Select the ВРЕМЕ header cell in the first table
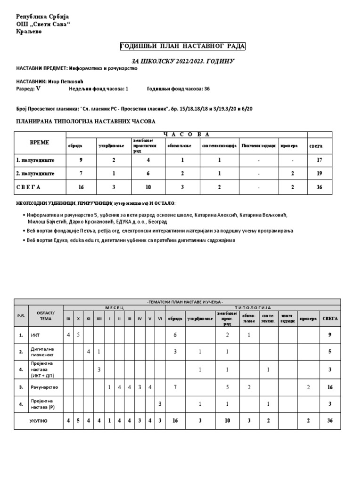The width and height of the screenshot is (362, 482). click(39, 142)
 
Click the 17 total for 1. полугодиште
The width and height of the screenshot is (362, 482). click(320, 160)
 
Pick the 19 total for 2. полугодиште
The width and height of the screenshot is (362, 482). click(320, 173)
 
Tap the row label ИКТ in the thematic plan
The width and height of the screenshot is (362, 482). click(35, 335)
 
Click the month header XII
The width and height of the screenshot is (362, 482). click(99, 319)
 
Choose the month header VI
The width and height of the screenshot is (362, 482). click(160, 319)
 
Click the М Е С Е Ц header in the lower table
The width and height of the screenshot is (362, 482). click(114, 307)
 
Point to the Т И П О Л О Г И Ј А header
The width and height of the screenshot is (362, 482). click(253, 307)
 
